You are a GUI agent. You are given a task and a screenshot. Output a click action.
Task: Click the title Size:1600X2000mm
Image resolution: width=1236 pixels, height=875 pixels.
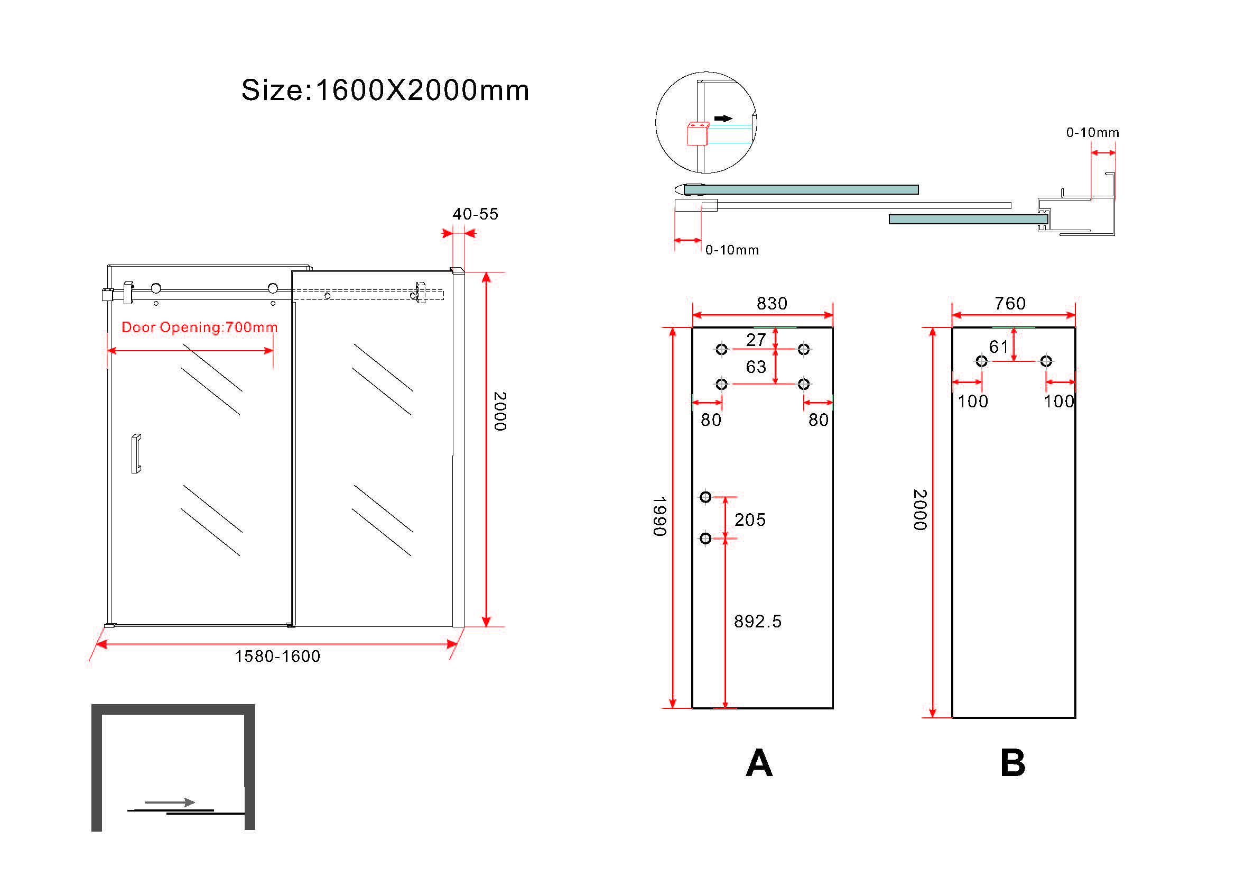385,90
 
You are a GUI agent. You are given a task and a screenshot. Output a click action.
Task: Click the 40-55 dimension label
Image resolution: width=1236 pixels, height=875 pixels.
475,214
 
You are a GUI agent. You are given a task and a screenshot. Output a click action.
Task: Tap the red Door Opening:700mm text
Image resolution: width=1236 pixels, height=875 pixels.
199,327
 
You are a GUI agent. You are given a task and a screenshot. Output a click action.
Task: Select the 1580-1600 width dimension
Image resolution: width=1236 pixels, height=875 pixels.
277,655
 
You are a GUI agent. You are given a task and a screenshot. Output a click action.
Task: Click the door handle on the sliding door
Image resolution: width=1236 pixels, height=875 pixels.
136,454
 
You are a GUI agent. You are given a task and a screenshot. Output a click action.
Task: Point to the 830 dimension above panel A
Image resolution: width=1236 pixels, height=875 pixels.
772,303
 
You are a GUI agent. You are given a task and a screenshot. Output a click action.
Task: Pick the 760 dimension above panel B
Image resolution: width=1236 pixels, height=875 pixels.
1010,303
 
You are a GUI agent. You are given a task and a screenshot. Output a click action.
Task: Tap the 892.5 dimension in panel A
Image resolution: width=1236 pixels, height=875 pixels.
757,621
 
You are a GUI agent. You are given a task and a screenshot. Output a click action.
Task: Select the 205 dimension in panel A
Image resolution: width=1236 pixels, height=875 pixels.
750,519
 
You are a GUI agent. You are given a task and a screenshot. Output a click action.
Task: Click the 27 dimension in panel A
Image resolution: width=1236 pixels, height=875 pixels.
756,340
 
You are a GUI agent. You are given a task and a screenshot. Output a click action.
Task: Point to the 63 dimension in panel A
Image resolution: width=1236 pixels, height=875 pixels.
756,367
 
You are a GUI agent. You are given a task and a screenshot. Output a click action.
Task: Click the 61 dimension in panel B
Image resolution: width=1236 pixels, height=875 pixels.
999,347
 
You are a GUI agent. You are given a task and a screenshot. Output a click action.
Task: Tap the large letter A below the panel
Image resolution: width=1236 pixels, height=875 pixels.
759,763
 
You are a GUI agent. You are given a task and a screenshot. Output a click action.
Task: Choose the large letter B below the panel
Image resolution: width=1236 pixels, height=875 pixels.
1012,763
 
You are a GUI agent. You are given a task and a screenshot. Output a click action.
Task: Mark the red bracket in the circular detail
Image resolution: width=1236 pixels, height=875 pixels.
697,134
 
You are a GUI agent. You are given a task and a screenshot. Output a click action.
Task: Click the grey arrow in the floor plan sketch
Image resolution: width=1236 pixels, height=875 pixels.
170,803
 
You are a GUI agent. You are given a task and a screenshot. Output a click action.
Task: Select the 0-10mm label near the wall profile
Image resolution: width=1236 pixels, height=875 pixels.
1092,133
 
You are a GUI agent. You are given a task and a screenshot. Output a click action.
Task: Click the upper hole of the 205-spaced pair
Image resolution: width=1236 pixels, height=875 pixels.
705,497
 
